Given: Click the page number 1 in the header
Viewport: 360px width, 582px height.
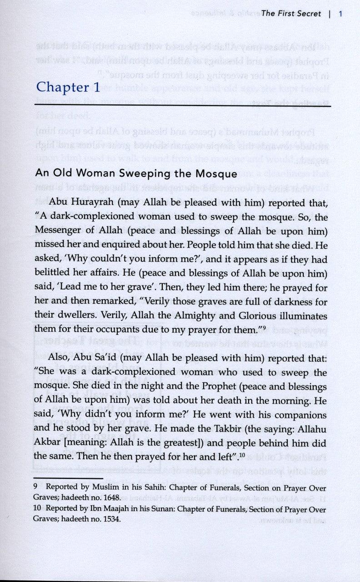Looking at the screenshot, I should click(x=340, y=14).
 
